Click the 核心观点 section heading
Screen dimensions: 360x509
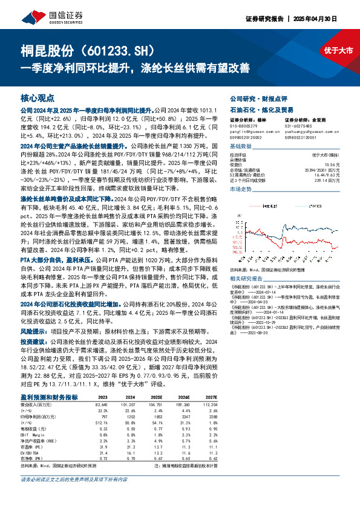pos(38,97)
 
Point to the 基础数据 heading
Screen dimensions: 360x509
pos(240,146)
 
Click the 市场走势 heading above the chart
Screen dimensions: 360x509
pos(240,189)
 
